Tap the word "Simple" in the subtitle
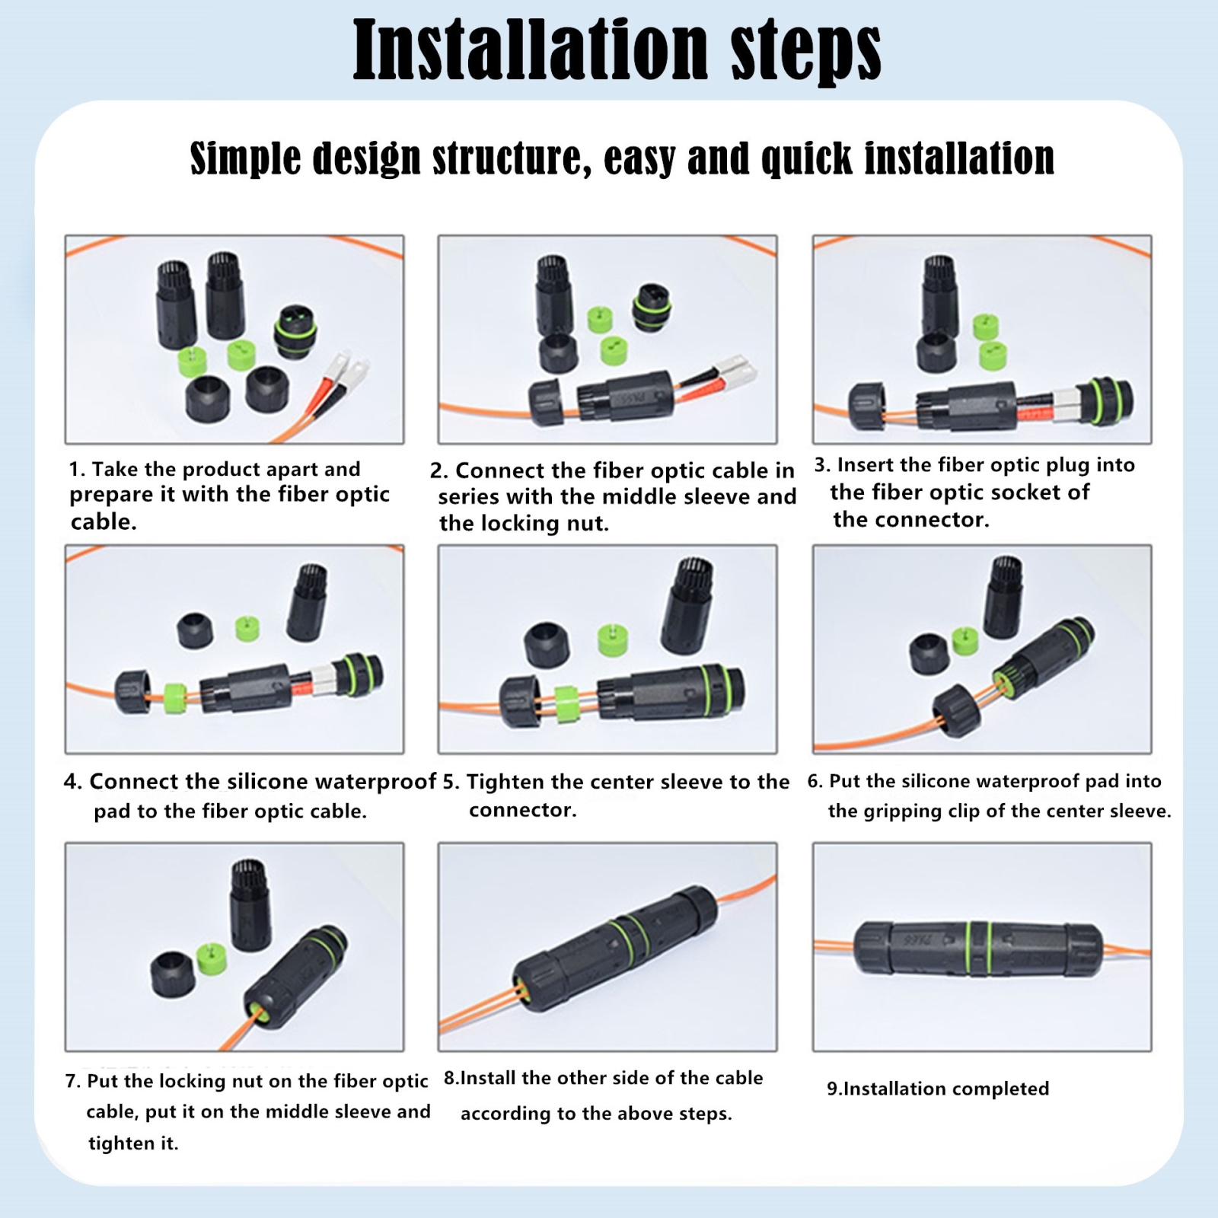point(245,158)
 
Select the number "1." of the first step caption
point(78,469)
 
